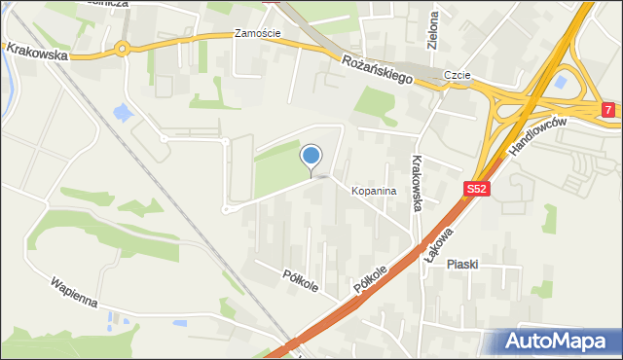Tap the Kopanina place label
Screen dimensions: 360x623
374,192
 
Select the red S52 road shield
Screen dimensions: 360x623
475,190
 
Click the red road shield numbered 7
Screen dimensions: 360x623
608,111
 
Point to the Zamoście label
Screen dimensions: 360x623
258,33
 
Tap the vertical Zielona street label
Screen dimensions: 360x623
433,30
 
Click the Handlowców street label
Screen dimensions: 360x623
537,137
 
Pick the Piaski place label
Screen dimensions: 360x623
466,265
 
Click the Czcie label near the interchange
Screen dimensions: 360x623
458,74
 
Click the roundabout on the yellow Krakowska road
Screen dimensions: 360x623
123,49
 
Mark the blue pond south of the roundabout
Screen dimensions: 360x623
124,113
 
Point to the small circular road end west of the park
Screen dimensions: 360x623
226,208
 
